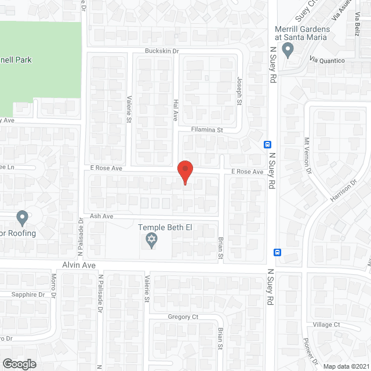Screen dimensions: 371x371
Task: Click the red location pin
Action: (184, 172)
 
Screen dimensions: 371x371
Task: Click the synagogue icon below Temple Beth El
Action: (151, 241)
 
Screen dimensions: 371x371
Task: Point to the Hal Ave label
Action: (175, 108)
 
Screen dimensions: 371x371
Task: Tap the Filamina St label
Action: (208, 130)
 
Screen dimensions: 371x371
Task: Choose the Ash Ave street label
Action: (101, 216)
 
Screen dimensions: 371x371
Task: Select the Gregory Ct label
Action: (183, 317)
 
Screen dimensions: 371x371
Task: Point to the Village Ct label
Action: (326, 325)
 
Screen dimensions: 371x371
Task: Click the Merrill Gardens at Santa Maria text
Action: (302, 33)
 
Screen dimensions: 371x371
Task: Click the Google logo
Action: (19, 363)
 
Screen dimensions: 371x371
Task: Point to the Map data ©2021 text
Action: (345, 366)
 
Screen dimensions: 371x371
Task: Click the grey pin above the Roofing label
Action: (23, 219)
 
